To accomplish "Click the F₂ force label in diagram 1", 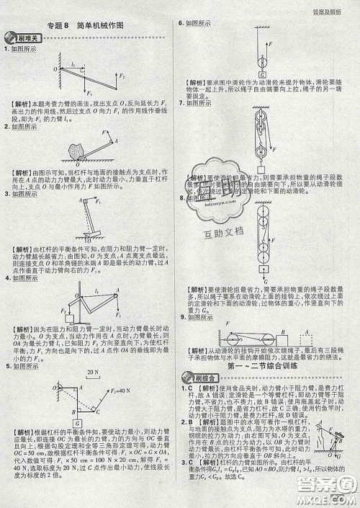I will pos(123,75).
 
